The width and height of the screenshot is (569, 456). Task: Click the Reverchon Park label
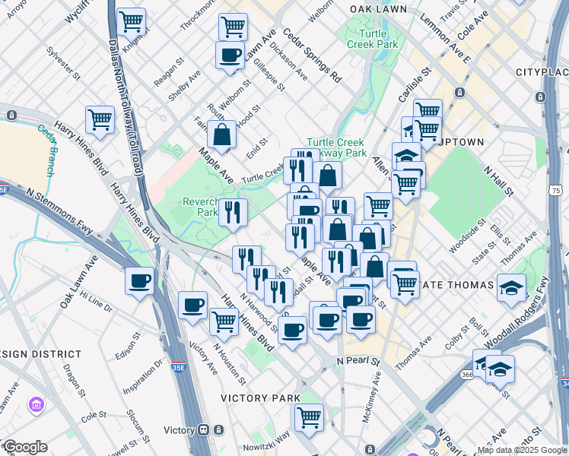coord(201,207)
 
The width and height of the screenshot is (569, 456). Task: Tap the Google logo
coord(25,446)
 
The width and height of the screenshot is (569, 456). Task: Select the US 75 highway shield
coord(556,190)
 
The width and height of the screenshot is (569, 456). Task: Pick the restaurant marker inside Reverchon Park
coord(232,212)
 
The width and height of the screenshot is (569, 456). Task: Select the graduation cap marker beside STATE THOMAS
coord(512,287)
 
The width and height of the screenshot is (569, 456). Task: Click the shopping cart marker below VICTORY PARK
coord(309,416)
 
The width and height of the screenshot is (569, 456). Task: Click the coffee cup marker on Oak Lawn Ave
coord(140,281)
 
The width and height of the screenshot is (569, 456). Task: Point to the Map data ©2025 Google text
coord(522,449)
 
